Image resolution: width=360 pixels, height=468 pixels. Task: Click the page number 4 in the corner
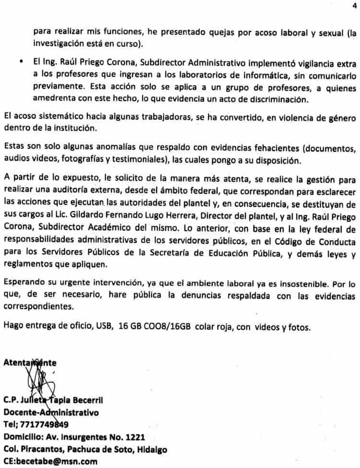(x=354, y=6)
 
